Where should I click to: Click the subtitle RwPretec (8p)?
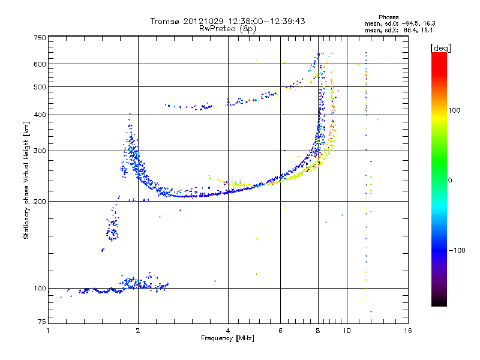pos(227,29)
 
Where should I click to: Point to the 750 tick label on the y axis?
pos(40,38)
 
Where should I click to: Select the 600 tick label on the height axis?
pos(40,64)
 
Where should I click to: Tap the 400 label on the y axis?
pos(40,115)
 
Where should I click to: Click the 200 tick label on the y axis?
pos(40,202)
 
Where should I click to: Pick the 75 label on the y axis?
pos(42,322)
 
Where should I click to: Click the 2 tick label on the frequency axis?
pos(138,331)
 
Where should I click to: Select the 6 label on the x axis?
pos(280,331)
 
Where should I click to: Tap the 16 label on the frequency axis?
pos(408,331)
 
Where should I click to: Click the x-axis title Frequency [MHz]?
pos(227,338)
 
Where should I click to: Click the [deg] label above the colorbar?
pos(440,48)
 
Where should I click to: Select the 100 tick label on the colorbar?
pos(454,110)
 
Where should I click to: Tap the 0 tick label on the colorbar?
pos(450,181)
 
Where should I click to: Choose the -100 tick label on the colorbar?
pos(457,250)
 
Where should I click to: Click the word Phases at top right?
pos(388,17)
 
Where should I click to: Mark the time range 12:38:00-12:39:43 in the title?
pos(266,21)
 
